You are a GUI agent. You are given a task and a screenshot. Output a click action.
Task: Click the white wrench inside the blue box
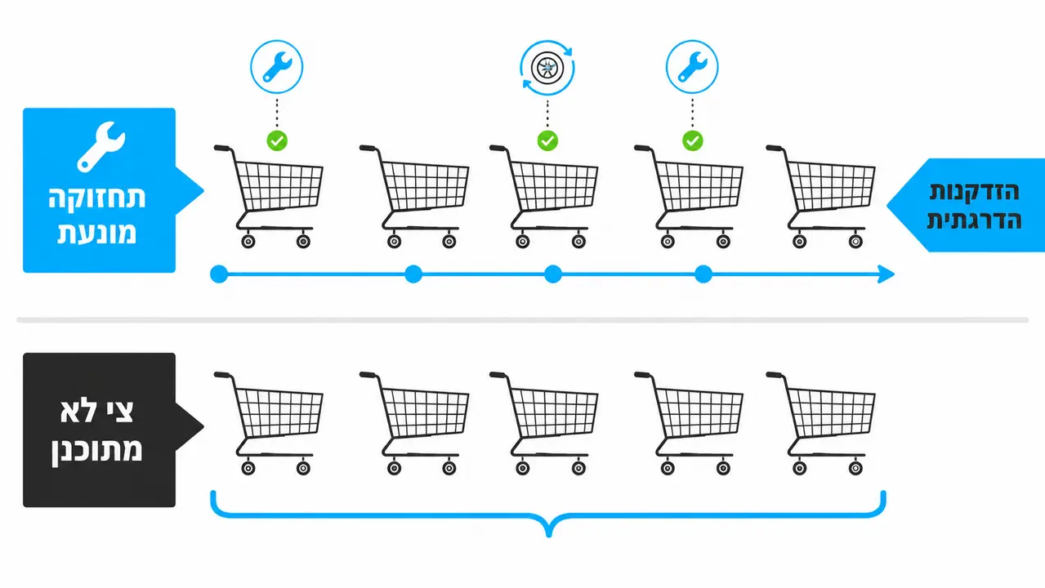tap(101, 147)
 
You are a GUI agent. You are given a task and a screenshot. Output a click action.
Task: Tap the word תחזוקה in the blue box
tap(97, 198)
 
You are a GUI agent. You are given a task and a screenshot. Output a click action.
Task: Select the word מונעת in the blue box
tap(97, 233)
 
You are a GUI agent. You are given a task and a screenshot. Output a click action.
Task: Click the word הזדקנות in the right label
tap(975, 192)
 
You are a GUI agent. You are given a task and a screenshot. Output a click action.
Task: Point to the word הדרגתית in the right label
tap(974, 220)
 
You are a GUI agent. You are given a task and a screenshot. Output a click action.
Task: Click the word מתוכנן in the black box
tap(96, 451)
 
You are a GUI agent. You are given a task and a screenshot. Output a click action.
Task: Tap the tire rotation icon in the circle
tap(547, 68)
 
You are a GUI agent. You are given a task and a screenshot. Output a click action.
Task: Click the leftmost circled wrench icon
tap(277, 67)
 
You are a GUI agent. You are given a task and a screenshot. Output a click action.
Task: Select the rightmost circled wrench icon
tap(692, 67)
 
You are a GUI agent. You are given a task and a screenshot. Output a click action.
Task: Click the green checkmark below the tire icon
tap(547, 140)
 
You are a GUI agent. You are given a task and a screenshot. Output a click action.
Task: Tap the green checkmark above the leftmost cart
tap(277, 140)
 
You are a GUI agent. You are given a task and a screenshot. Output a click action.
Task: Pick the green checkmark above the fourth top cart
tap(692, 140)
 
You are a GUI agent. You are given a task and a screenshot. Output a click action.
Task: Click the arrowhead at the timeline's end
tap(886, 274)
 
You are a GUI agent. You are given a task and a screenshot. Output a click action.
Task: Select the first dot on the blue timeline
tap(219, 274)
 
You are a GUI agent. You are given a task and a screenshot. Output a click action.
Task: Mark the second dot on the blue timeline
tap(413, 274)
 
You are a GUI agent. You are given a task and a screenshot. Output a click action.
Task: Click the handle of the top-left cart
tap(222, 149)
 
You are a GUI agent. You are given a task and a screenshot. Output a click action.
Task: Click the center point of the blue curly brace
tap(549, 534)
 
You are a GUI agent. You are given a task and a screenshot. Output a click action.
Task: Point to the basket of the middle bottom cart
tap(554, 413)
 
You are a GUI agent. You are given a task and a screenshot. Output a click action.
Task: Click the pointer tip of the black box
tap(203, 426)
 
